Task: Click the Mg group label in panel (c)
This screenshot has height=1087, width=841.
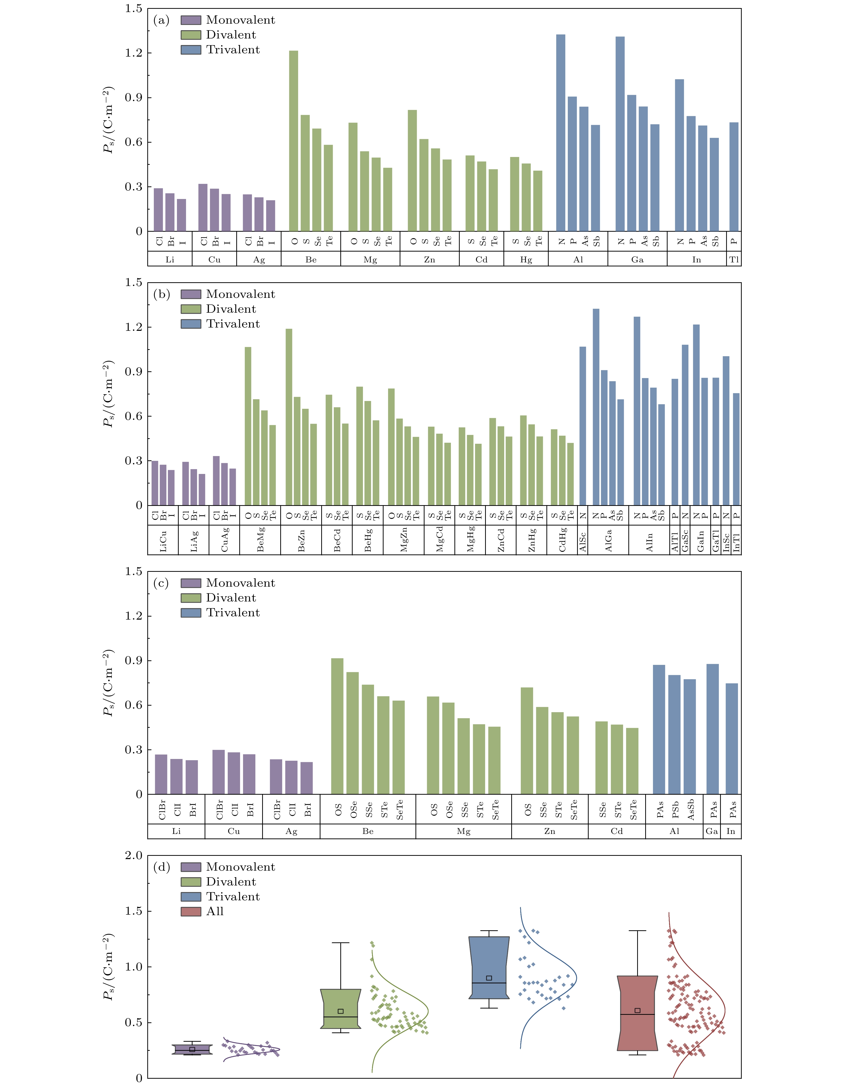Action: tap(463, 831)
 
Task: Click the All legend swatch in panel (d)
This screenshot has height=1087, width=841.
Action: tap(191, 911)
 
